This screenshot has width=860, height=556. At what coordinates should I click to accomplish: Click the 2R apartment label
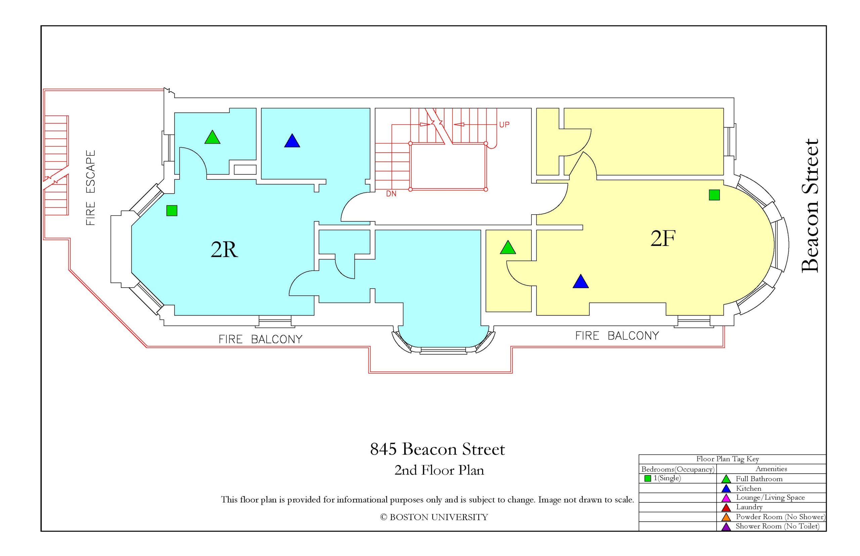(224, 249)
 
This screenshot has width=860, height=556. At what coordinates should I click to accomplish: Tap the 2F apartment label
(663, 238)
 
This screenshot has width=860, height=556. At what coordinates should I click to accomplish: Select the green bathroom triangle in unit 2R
(212, 138)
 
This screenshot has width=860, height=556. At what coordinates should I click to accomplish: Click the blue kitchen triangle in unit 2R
(292, 141)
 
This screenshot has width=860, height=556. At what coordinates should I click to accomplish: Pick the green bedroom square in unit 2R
(172, 211)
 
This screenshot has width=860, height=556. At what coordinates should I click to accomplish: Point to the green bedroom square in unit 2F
(714, 195)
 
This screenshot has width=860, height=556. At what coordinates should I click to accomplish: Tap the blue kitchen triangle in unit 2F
(580, 282)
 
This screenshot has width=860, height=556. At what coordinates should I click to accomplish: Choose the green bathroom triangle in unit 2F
(508, 248)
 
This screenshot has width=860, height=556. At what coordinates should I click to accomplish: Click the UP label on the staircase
(504, 125)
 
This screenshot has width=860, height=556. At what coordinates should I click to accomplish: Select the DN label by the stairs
(391, 194)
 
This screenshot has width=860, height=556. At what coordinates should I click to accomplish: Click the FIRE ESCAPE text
(91, 188)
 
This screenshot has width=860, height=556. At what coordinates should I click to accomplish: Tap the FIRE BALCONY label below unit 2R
(260, 339)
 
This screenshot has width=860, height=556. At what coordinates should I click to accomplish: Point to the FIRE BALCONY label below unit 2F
(617, 336)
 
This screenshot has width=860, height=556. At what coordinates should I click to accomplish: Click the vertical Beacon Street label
(810, 206)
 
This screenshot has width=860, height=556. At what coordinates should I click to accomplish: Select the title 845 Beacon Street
(437, 450)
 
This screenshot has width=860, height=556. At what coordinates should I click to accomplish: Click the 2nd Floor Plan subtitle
(439, 470)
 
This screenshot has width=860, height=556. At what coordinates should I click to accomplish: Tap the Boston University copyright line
(434, 517)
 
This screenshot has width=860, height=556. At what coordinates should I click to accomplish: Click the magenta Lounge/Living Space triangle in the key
(726, 499)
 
